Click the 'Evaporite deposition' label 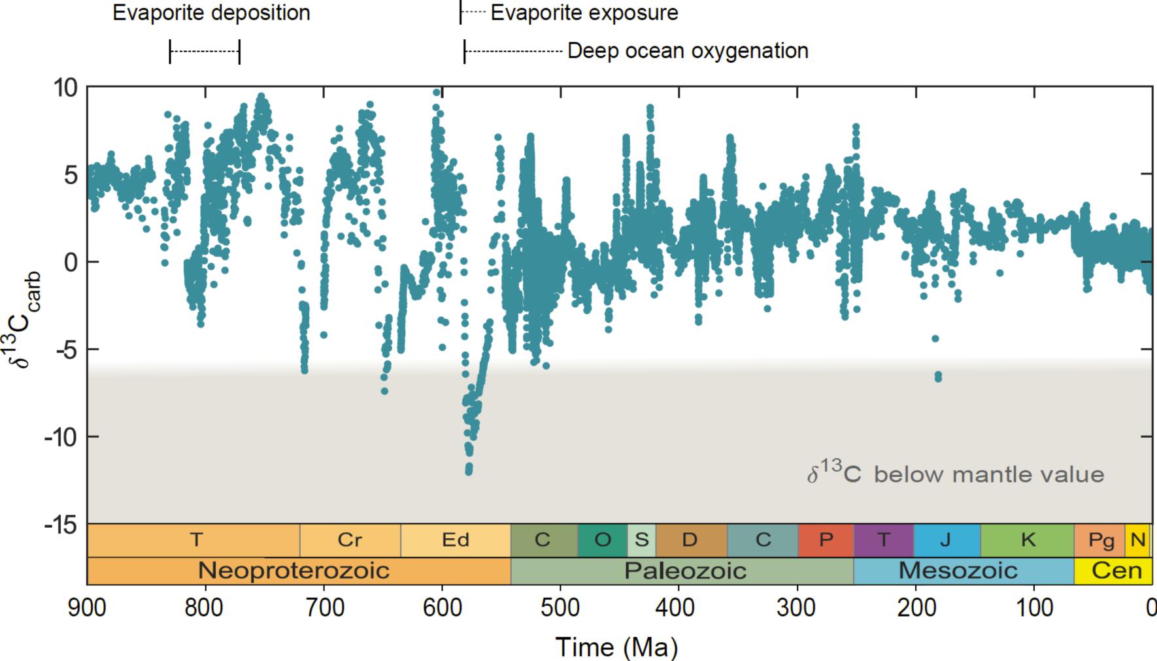[x=211, y=13]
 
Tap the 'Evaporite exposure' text [x=584, y=13]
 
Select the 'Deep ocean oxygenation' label [x=688, y=51]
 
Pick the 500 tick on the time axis [x=560, y=607]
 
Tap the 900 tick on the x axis [x=87, y=607]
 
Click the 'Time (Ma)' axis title [x=616, y=647]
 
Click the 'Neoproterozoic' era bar [x=294, y=571]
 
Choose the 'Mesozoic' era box [x=958, y=571]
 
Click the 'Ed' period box [x=456, y=540]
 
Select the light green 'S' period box [x=641, y=540]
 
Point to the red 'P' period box [x=826, y=540]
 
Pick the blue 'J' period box [x=946, y=540]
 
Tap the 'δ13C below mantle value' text [x=955, y=474]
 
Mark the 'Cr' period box [x=350, y=540]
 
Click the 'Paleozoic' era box [x=684, y=571]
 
